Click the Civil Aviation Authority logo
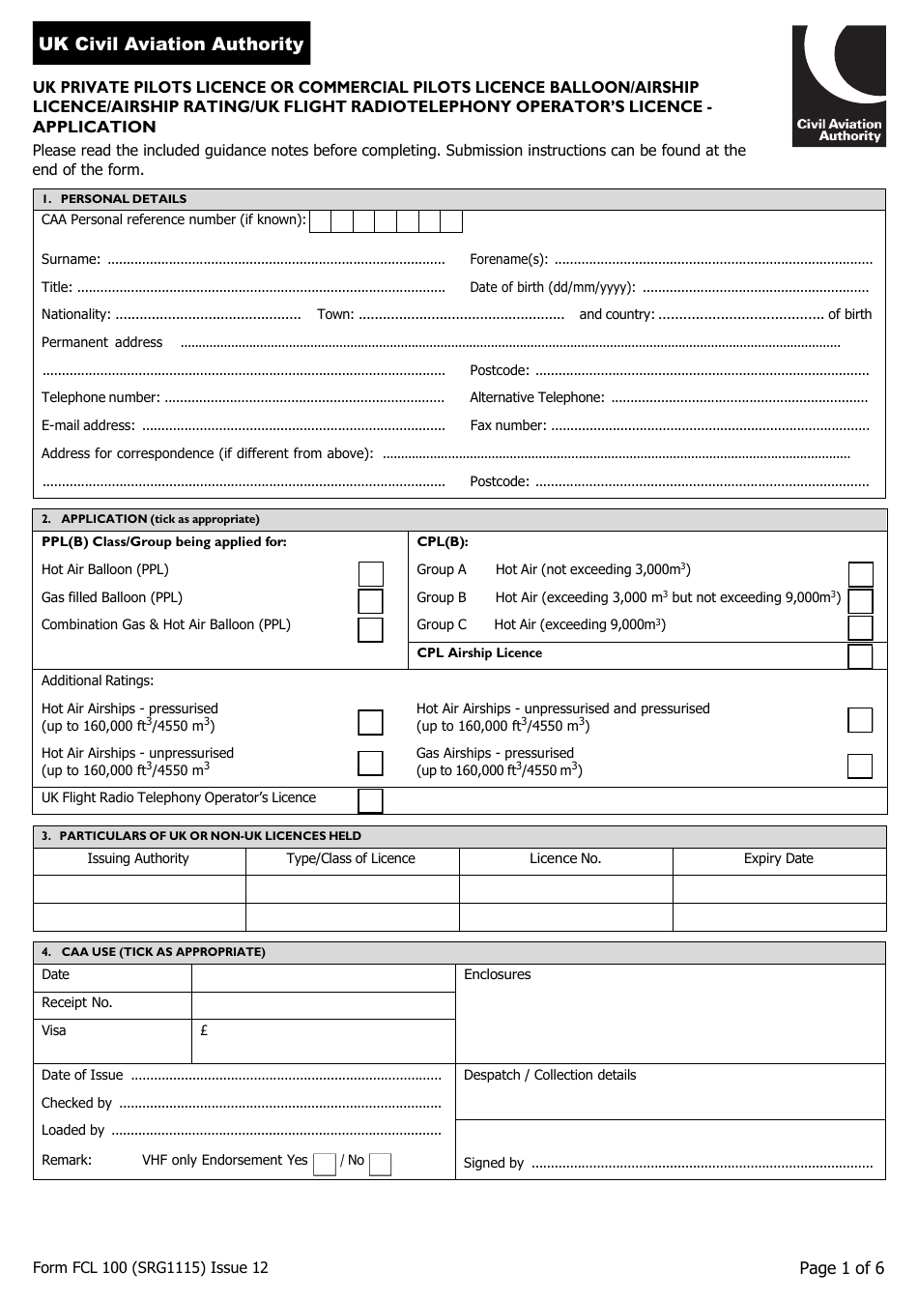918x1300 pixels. click(838, 85)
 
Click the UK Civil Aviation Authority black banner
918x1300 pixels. click(171, 43)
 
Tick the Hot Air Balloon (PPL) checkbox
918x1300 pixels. click(370, 573)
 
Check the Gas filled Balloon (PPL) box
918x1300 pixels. click(370, 601)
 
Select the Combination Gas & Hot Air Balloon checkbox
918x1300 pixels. click(370, 629)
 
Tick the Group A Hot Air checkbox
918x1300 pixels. click(860, 573)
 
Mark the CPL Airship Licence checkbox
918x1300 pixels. click(860, 656)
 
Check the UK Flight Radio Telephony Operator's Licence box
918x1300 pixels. click(370, 800)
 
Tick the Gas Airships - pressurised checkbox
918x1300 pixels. click(860, 766)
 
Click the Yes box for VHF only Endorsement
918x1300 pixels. click(325, 1164)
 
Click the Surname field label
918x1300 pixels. click(71, 259)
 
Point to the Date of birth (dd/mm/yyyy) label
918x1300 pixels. click(552, 287)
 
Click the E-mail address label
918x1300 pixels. click(88, 425)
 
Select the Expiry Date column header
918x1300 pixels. click(778, 858)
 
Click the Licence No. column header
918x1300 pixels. click(565, 858)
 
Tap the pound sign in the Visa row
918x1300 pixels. click(204, 1030)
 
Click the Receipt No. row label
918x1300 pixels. click(76, 1002)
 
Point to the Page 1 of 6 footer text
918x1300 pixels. click(841, 1268)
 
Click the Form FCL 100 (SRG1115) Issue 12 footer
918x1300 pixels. click(151, 1268)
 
